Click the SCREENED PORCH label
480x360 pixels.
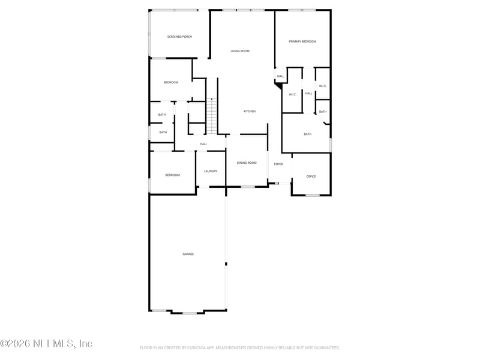179,37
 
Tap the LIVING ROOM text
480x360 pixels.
240,51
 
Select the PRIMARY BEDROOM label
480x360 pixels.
302,41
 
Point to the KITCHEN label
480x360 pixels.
250,112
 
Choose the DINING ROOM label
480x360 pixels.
247,163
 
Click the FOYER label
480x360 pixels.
278,164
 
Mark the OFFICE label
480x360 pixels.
311,176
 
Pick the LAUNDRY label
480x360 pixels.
211,171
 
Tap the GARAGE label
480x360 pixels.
188,254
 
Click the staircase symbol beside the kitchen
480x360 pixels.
211,115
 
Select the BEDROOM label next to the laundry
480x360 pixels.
173,175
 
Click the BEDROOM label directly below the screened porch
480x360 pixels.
171,82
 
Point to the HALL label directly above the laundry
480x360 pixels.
203,144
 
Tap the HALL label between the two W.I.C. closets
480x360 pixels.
308,94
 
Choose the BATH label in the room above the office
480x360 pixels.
307,134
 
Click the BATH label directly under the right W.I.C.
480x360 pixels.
323,112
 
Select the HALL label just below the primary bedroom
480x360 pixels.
280,76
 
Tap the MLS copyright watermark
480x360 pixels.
46,344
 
